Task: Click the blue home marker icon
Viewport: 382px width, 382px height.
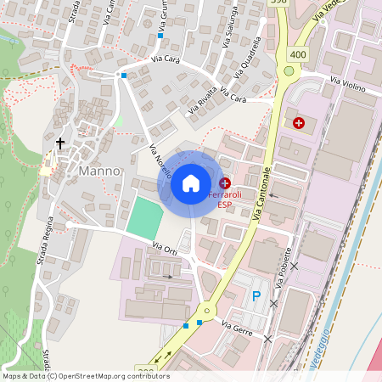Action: pyautogui.click(x=191, y=183)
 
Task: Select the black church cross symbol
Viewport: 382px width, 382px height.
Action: pyautogui.click(x=61, y=143)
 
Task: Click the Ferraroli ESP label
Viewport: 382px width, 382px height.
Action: pyautogui.click(x=224, y=199)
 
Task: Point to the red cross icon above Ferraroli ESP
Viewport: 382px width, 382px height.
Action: pyautogui.click(x=224, y=183)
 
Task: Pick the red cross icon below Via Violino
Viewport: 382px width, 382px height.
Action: pyautogui.click(x=299, y=123)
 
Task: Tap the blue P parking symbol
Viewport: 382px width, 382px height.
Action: pyautogui.click(x=256, y=296)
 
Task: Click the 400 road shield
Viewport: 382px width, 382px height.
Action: pyautogui.click(x=297, y=54)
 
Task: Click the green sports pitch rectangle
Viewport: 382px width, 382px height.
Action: pyautogui.click(x=143, y=217)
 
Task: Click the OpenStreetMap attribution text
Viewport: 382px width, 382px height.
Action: pyautogui.click(x=86, y=375)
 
